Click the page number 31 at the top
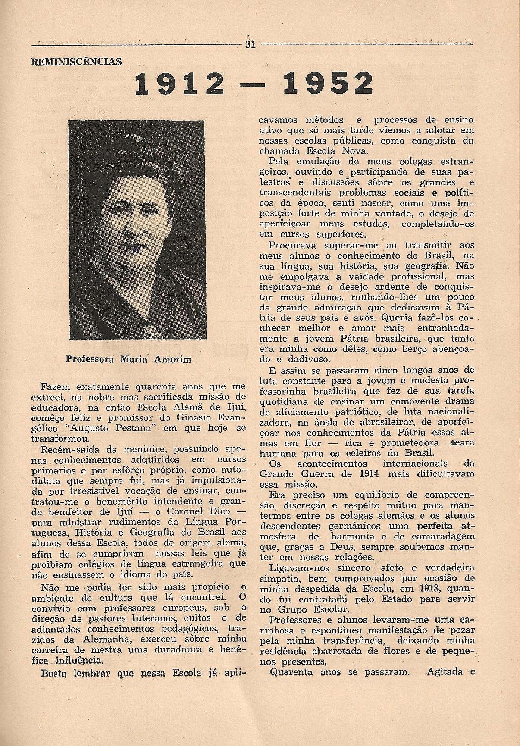[251, 44]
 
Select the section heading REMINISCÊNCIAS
[77, 62]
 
